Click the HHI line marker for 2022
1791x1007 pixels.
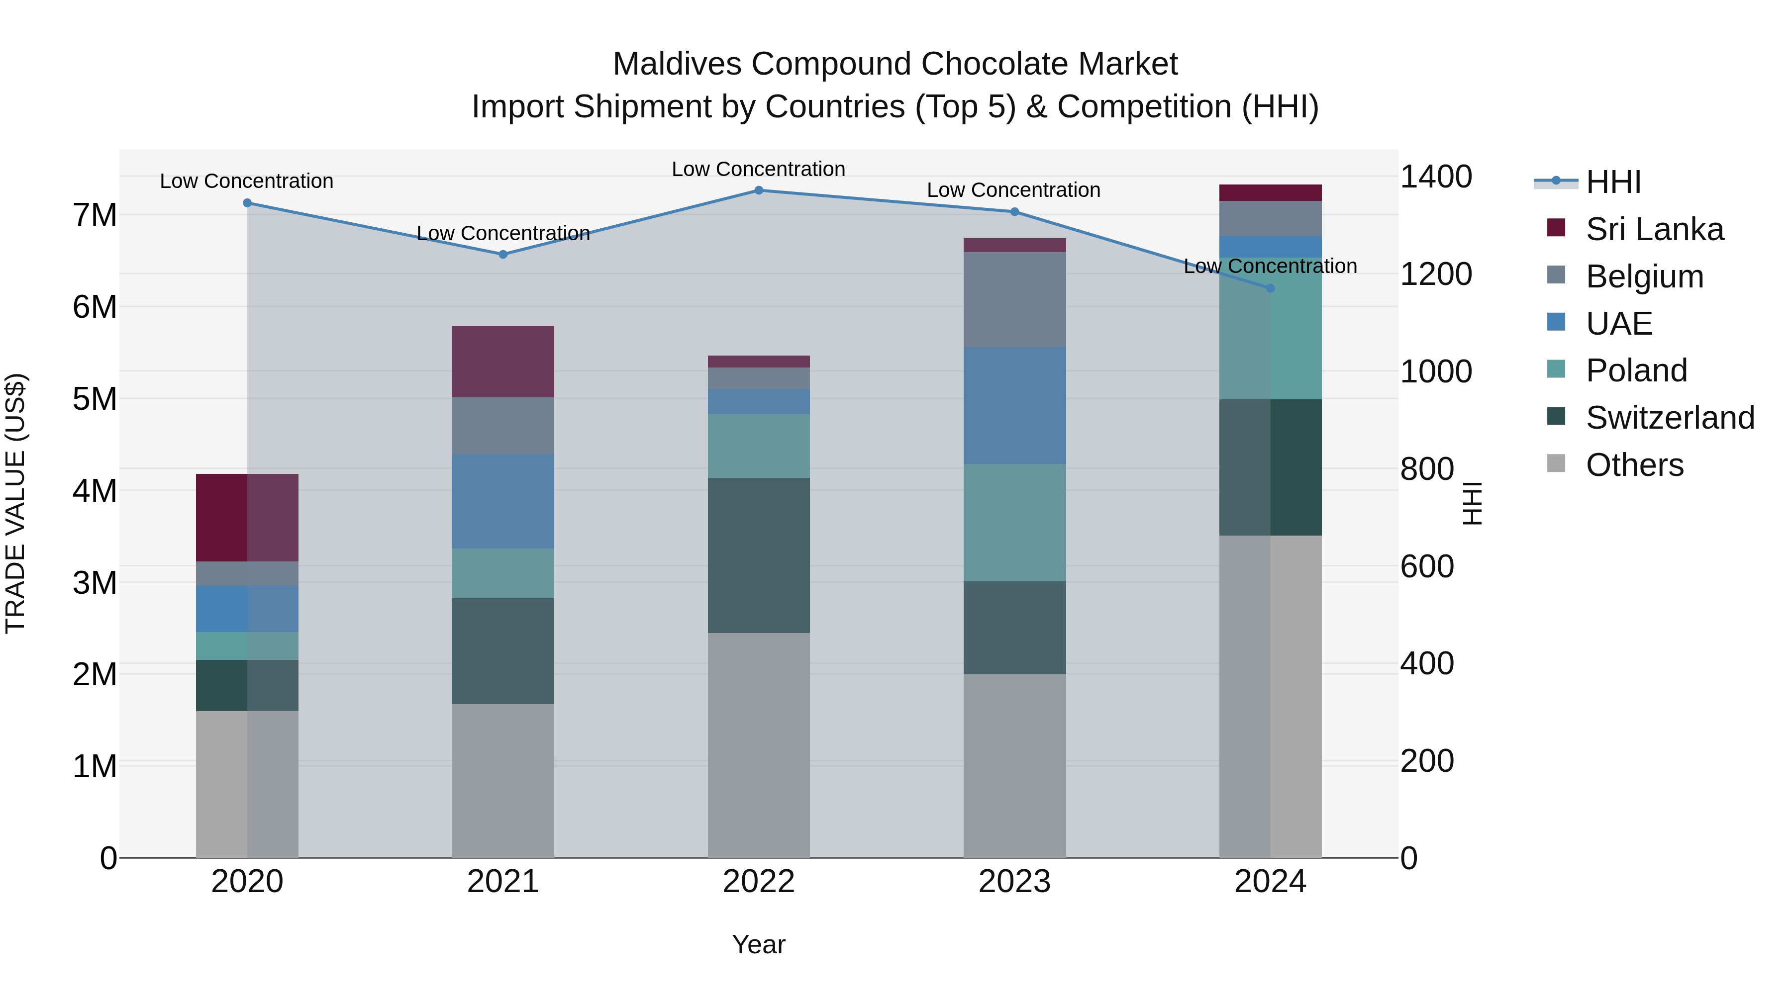759,190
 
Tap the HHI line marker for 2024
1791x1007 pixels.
1270,288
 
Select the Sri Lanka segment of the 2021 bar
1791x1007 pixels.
502,362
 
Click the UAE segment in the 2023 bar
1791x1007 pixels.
1014,406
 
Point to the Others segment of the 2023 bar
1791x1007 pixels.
1014,764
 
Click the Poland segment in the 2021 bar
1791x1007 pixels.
502,573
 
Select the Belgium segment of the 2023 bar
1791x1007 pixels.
1014,299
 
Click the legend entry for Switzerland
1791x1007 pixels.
1669,418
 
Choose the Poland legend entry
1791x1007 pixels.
1635,370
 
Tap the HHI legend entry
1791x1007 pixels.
1613,182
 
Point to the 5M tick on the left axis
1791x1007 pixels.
95,399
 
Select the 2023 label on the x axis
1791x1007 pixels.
1014,882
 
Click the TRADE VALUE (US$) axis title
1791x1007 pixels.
15,503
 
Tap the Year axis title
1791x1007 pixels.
759,944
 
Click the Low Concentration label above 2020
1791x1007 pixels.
246,182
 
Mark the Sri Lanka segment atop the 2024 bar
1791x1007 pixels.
1270,192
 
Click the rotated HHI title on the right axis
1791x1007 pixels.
1473,503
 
